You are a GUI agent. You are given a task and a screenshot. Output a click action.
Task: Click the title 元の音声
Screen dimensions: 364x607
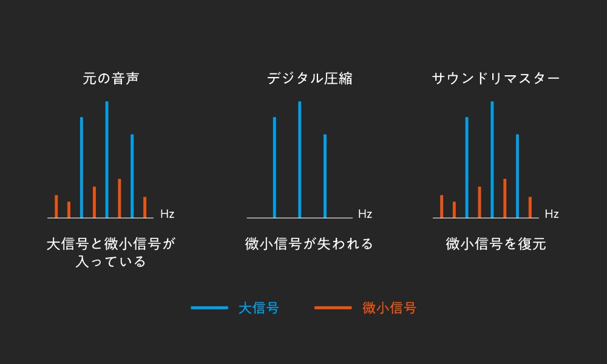(111, 79)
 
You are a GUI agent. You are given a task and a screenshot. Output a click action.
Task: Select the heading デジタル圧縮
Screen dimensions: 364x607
(310, 79)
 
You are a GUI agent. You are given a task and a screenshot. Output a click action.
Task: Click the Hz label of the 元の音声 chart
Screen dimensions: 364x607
(168, 214)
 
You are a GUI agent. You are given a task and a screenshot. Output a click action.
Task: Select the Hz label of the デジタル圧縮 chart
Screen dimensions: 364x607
(365, 214)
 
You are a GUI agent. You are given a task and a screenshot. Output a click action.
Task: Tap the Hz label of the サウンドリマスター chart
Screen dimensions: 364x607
(552, 214)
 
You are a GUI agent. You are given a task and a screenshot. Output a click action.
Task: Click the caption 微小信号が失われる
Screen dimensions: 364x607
(309, 244)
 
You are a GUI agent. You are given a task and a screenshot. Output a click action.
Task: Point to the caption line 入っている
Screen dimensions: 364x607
(111, 262)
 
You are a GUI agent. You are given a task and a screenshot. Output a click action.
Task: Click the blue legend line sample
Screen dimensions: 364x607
(209, 308)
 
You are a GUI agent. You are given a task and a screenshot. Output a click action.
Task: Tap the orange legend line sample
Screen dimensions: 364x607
(333, 308)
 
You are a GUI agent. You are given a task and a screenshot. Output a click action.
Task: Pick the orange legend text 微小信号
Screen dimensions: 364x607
(390, 308)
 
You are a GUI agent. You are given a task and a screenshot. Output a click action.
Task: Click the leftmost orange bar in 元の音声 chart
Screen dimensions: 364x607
(56, 206)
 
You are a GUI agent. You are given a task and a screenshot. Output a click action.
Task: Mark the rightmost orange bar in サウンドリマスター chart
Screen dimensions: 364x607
(530, 207)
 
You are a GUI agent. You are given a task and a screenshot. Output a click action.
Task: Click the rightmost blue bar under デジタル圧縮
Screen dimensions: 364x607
(325, 176)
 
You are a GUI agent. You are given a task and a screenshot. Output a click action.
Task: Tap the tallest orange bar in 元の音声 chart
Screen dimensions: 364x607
(120, 198)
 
